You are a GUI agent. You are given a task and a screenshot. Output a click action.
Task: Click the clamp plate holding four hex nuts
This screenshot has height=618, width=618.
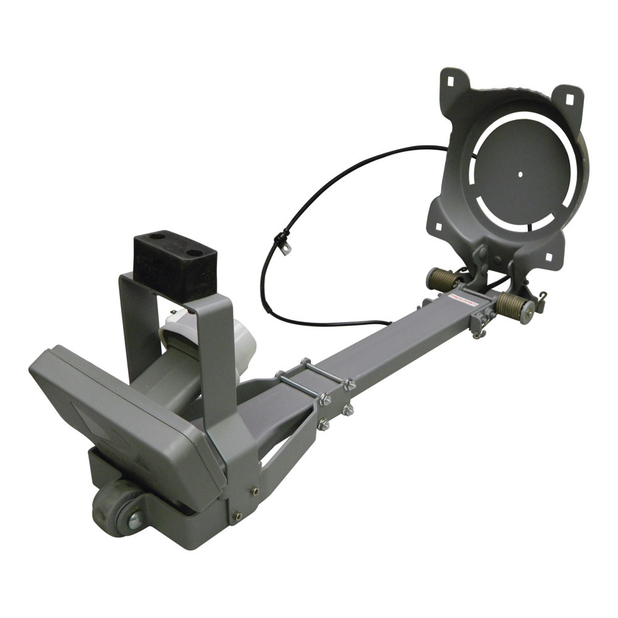335,405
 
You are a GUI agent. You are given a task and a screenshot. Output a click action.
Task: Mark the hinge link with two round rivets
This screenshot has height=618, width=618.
481,260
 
